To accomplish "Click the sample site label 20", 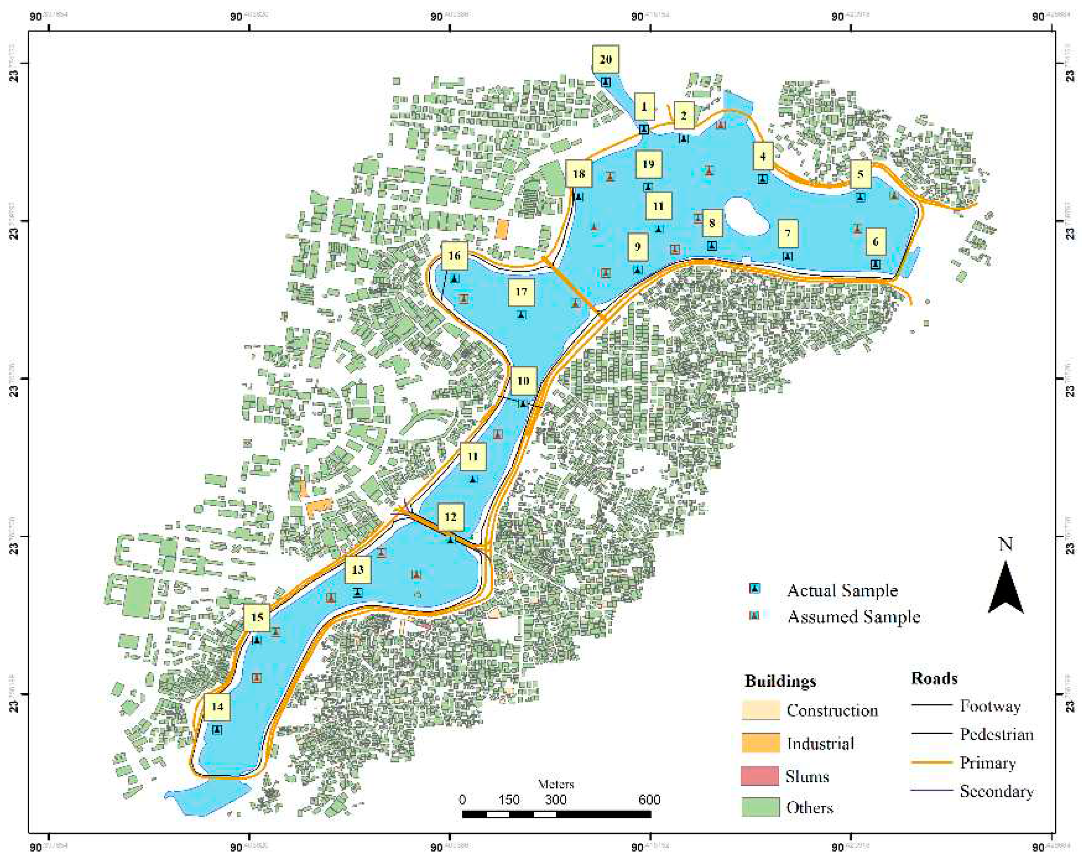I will coord(605,59).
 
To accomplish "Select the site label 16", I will coord(454,256).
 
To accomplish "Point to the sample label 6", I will coord(875,242).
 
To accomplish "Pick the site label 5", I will coord(860,174).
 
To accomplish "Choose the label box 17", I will coord(521,292).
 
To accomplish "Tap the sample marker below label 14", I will coord(217,729).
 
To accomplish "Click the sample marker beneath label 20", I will coord(606,82).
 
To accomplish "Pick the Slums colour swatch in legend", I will coord(760,776).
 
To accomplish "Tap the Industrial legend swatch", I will coord(760,743).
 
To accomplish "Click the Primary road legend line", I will coord(931,762).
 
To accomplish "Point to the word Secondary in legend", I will coord(996,791).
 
